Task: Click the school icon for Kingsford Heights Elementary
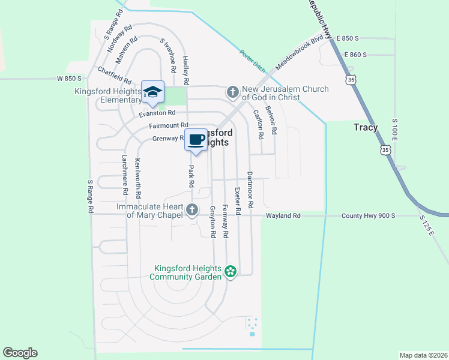click(x=152, y=92)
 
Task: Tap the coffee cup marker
click(x=195, y=140)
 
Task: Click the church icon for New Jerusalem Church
click(x=232, y=92)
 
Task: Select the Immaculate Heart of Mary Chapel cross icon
click(x=191, y=209)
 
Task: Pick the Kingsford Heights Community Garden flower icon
click(x=230, y=272)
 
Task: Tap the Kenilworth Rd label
click(x=138, y=178)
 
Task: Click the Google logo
click(x=20, y=353)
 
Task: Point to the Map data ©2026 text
click(x=423, y=355)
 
